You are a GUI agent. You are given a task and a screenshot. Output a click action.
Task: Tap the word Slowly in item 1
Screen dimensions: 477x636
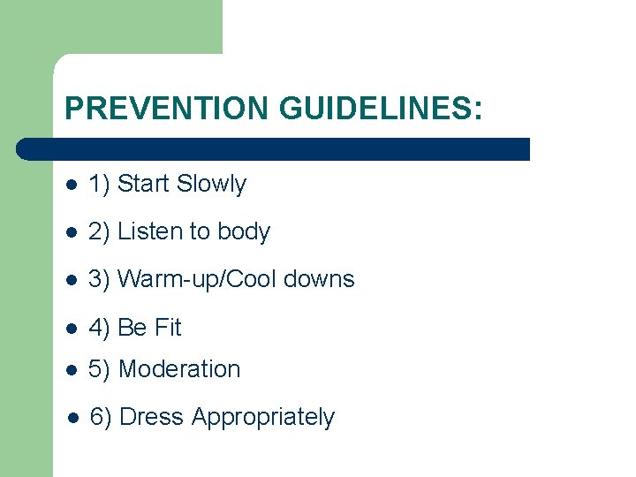point(211,184)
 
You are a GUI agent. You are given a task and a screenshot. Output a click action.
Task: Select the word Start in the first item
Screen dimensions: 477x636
point(143,184)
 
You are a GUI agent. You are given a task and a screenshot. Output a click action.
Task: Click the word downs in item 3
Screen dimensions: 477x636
point(324,279)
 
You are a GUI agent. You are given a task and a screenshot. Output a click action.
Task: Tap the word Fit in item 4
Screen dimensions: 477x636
point(167,327)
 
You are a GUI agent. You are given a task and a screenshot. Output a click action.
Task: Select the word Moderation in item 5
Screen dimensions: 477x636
point(179,368)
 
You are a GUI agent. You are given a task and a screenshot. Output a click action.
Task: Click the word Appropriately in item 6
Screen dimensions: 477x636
point(263,418)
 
